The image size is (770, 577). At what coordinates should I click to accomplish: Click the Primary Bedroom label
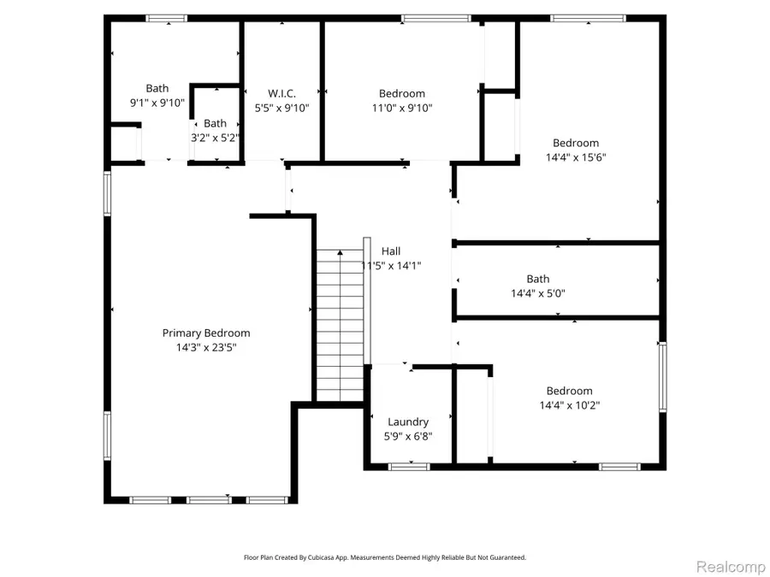(206, 333)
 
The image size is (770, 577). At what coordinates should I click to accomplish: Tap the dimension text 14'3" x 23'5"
(206, 348)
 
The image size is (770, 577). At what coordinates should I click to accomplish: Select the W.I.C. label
(282, 93)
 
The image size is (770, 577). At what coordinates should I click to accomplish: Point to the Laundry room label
(408, 421)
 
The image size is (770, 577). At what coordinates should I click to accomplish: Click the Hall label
(391, 251)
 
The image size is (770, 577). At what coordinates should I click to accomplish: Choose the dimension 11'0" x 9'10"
(402, 108)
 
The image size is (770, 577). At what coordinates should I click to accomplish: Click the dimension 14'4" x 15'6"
(576, 157)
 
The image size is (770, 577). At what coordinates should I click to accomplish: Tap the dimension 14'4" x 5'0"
(538, 293)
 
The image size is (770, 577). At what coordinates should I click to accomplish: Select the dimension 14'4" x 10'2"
(569, 405)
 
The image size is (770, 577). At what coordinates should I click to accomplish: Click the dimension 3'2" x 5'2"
(215, 138)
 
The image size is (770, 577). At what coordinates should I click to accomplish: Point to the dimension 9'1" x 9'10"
(157, 103)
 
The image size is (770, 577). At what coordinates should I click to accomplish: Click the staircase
(340, 325)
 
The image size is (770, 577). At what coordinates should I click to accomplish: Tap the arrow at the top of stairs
(340, 252)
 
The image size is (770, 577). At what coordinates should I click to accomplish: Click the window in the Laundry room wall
(408, 466)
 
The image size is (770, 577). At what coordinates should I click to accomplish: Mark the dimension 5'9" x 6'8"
(408, 436)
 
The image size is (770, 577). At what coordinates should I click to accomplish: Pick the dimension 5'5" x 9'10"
(282, 108)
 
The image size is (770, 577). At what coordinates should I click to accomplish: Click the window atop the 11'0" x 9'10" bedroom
(436, 17)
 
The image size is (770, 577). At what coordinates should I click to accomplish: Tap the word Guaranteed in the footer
(506, 557)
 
